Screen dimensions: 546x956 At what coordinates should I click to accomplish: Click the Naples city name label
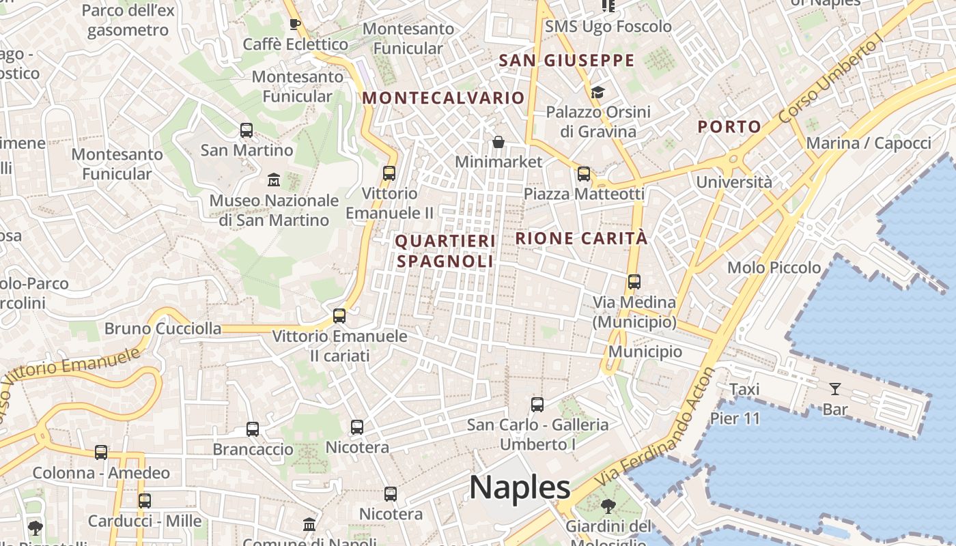click(520, 487)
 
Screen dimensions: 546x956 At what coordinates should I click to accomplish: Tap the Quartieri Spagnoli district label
click(445, 250)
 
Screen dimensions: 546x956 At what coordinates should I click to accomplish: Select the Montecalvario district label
click(443, 98)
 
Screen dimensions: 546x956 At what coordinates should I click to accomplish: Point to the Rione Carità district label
click(581, 238)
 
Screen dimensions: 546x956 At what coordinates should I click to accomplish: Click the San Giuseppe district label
click(567, 61)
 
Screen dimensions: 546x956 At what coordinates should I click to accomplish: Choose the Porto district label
click(729, 126)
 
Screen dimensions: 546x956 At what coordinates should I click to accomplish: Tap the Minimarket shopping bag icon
click(499, 142)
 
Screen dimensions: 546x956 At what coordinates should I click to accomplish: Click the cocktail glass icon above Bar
click(834, 389)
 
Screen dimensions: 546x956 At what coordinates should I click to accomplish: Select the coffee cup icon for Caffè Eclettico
click(295, 25)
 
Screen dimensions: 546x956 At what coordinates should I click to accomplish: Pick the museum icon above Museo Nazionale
click(274, 180)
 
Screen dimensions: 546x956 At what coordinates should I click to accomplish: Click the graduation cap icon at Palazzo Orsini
click(597, 92)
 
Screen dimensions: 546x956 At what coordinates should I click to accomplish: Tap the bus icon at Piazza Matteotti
click(584, 174)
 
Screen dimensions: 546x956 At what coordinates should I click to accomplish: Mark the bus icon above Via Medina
click(634, 281)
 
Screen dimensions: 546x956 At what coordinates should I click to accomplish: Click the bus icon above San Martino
click(247, 130)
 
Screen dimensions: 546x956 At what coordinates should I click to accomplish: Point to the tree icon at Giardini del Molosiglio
click(608, 506)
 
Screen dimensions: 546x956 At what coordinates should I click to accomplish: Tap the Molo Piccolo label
click(774, 268)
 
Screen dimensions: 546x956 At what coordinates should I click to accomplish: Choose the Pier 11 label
click(735, 418)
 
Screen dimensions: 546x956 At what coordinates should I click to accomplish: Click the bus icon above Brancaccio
click(253, 429)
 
